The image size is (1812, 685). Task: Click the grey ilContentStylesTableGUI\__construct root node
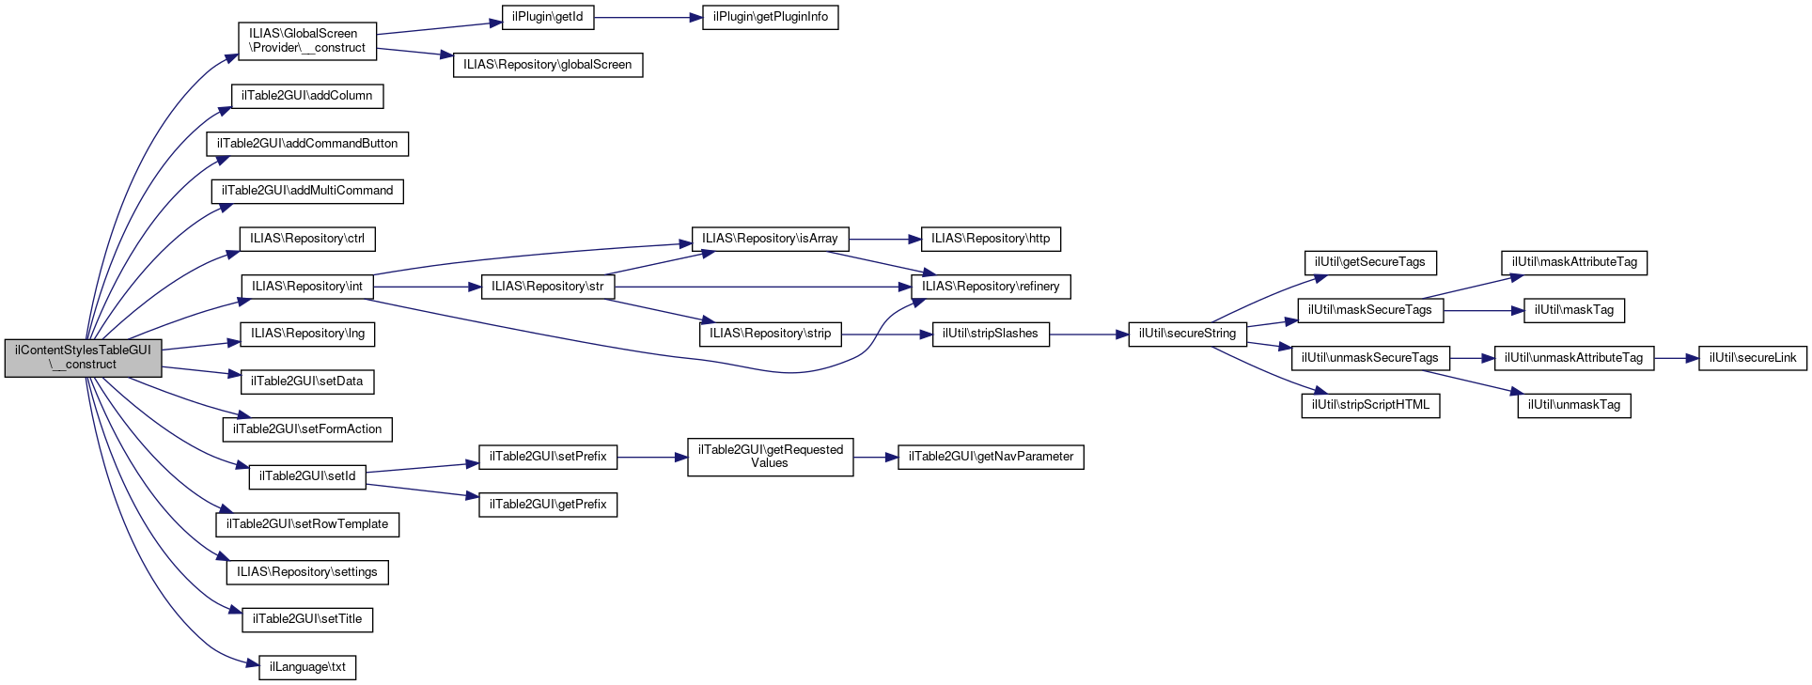[83, 357]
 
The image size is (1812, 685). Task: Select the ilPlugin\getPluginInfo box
[770, 17]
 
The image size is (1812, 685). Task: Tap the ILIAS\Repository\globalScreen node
[548, 65]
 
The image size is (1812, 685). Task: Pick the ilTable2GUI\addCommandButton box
[307, 144]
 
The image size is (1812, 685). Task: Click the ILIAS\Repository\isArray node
[769, 239]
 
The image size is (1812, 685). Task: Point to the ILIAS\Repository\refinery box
[991, 287]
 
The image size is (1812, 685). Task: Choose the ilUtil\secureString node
[1187, 334]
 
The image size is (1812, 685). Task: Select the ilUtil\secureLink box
[1752, 358]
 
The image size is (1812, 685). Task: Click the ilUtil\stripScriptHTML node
[1370, 405]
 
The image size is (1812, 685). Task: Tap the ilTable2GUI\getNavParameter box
[991, 457]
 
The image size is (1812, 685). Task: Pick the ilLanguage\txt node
[307, 667]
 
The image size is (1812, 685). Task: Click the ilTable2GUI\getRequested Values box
[770, 457]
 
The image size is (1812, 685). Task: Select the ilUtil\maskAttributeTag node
[1573, 263]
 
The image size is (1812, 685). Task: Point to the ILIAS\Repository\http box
[991, 239]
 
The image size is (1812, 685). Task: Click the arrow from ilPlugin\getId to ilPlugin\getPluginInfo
[648, 17]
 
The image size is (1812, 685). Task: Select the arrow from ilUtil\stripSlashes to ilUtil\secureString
[1087, 334]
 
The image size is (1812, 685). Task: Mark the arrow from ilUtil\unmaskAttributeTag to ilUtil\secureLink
[1676, 358]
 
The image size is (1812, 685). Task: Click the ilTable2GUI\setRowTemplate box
[307, 524]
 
